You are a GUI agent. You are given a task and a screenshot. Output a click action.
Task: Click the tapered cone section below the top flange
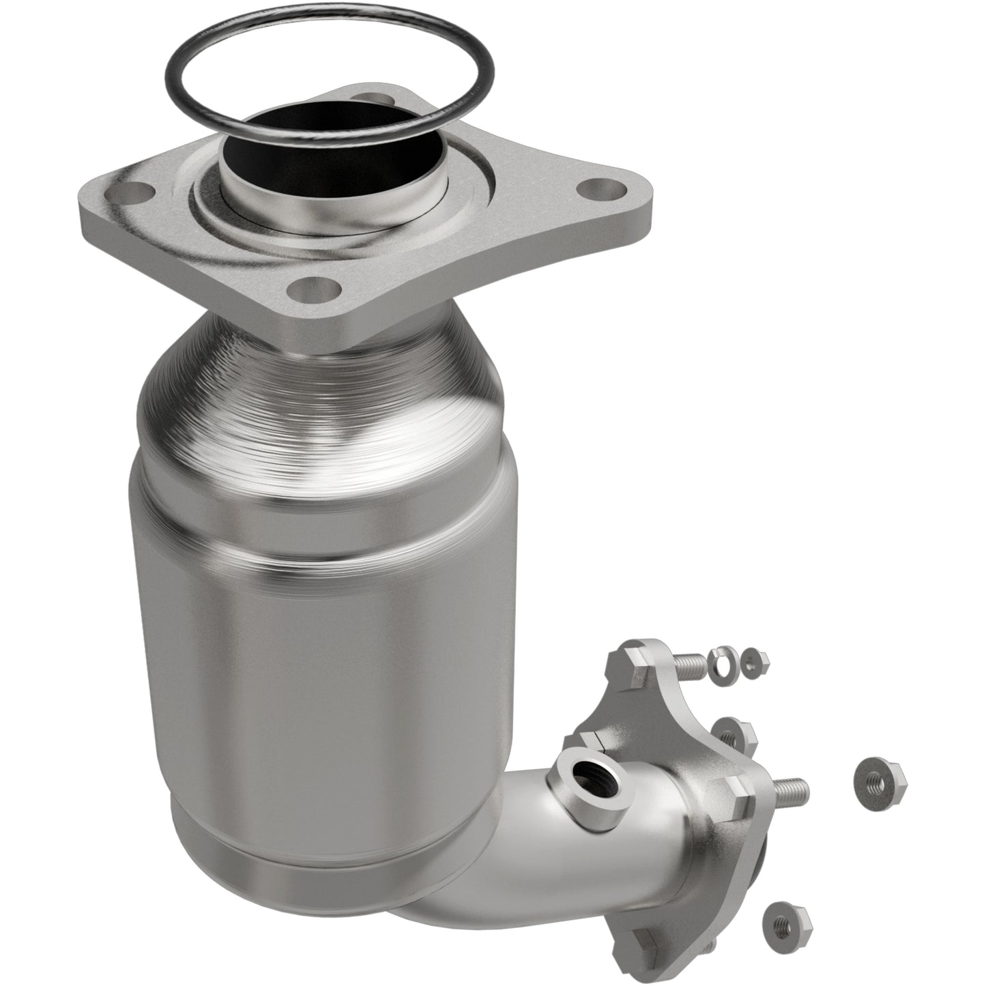[x=321, y=396]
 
